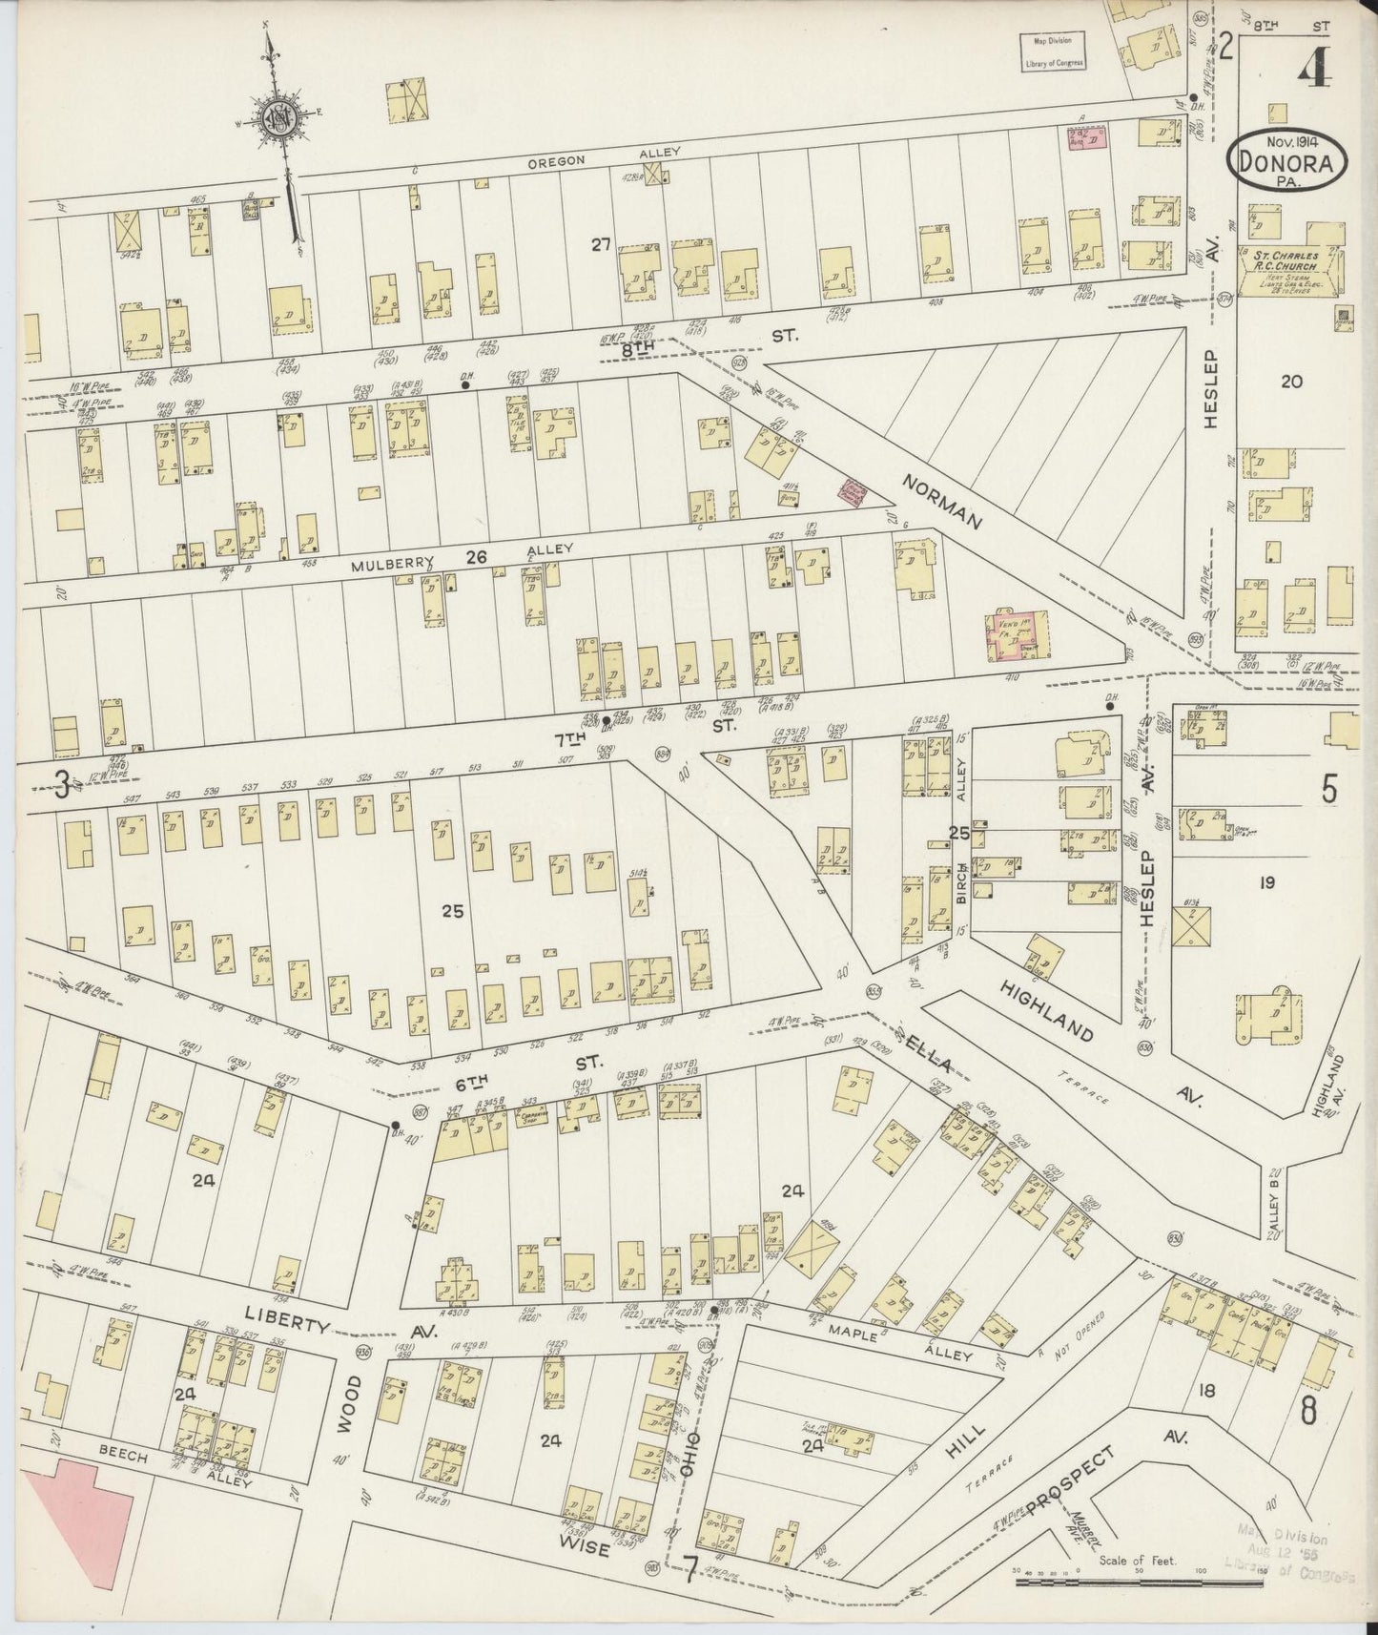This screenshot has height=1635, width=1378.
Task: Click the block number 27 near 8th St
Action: click(601, 245)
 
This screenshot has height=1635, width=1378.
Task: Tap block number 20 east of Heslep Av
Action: click(1290, 382)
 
